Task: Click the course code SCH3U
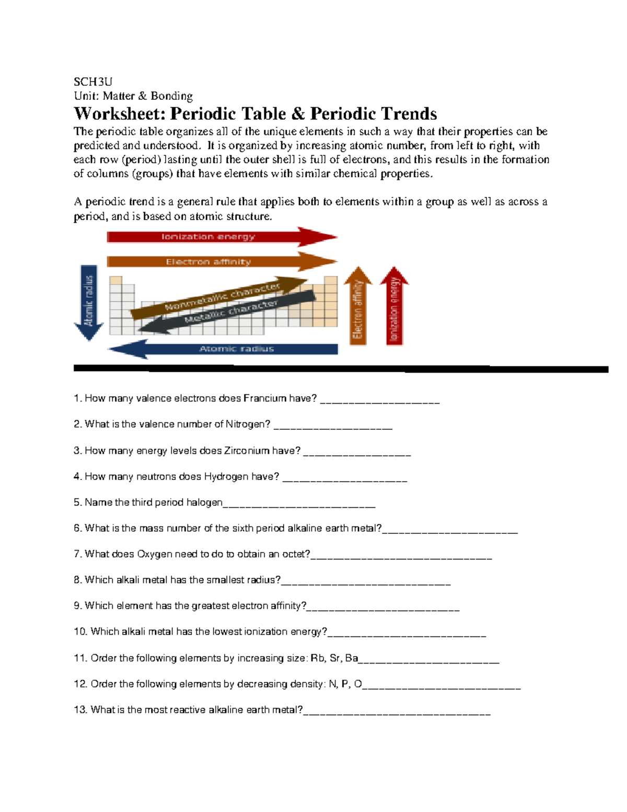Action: coord(92,82)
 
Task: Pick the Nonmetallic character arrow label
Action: coord(222,296)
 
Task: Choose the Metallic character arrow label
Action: coord(230,312)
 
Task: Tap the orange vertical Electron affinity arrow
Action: coord(358,308)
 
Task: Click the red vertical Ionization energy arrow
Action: coord(394,308)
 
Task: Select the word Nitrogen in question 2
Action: coord(248,424)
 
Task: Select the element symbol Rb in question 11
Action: coord(317,658)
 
